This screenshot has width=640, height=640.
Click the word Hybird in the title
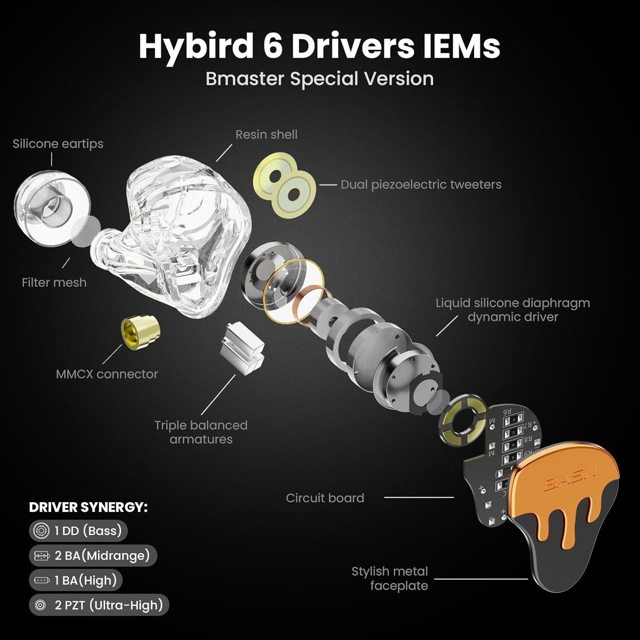point(196,46)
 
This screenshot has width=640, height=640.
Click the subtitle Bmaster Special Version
point(320,79)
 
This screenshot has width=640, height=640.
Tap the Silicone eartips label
point(58,144)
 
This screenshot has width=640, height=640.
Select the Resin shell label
point(266,134)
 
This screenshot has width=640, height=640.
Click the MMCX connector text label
point(107,374)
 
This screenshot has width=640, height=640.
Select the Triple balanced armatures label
point(201,432)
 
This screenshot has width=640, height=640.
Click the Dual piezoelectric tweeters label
point(421,185)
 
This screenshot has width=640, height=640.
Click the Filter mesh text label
point(54,282)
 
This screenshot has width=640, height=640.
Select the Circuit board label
point(325,498)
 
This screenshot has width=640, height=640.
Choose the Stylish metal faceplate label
point(390,578)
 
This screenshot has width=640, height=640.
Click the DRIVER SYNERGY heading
point(88,507)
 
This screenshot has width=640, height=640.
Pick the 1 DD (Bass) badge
point(79,531)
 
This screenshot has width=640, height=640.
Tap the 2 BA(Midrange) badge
point(93,556)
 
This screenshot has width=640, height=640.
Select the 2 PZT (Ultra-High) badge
point(99,605)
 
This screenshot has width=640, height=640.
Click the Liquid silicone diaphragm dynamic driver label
point(512,310)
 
